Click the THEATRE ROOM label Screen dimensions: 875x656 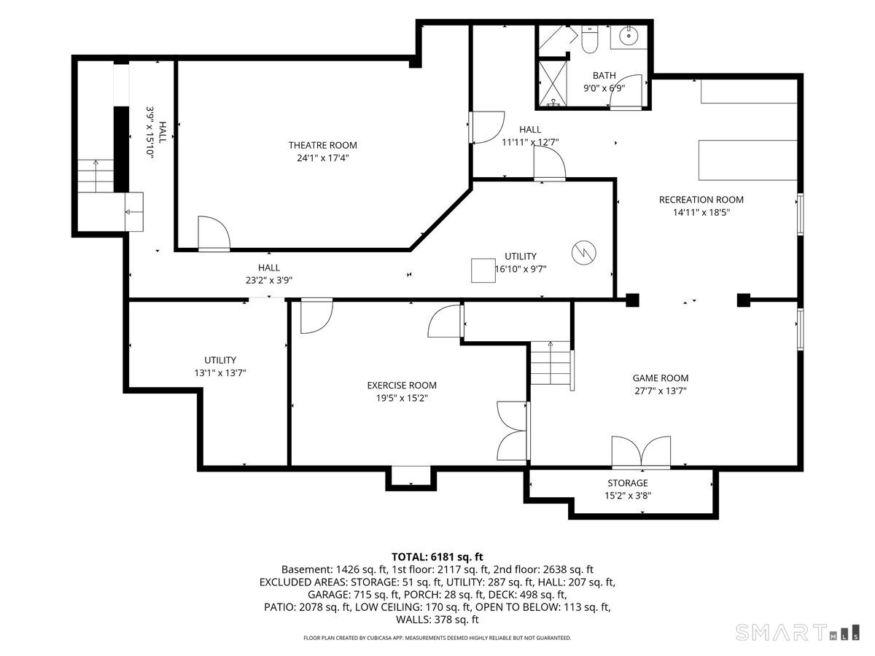322,145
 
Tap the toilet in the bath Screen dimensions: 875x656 588,39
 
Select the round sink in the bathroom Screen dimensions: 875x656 629,36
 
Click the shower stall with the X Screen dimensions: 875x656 553,83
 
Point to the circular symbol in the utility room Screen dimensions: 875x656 583,252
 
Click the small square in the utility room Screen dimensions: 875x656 483,270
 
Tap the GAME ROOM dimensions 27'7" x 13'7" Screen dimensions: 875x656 661,391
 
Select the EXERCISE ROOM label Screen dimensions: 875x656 402,385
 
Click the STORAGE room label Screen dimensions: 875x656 628,483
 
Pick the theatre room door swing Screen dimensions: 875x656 214,233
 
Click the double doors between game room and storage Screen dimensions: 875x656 641,451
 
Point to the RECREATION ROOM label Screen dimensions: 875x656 701,200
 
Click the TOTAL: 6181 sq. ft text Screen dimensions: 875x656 437,557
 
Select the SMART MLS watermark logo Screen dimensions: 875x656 797,633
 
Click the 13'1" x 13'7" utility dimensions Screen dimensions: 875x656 220,373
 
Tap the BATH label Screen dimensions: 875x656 604,75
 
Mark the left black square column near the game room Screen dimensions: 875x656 632,300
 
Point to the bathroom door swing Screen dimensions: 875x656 626,91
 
